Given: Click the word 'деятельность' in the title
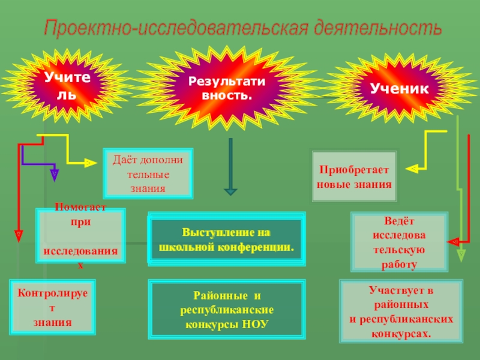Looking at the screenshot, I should click(376, 28).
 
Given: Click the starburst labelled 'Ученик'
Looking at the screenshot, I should click(400, 88).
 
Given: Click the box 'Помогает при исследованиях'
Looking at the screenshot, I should click(80, 236).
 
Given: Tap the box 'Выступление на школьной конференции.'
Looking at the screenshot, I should click(226, 239).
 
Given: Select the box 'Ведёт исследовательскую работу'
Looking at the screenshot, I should click(398, 242).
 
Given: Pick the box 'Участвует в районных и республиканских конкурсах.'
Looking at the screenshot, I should click(401, 312).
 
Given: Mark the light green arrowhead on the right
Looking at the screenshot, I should click(461, 254).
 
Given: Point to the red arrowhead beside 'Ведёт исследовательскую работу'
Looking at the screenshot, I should click(454, 242).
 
